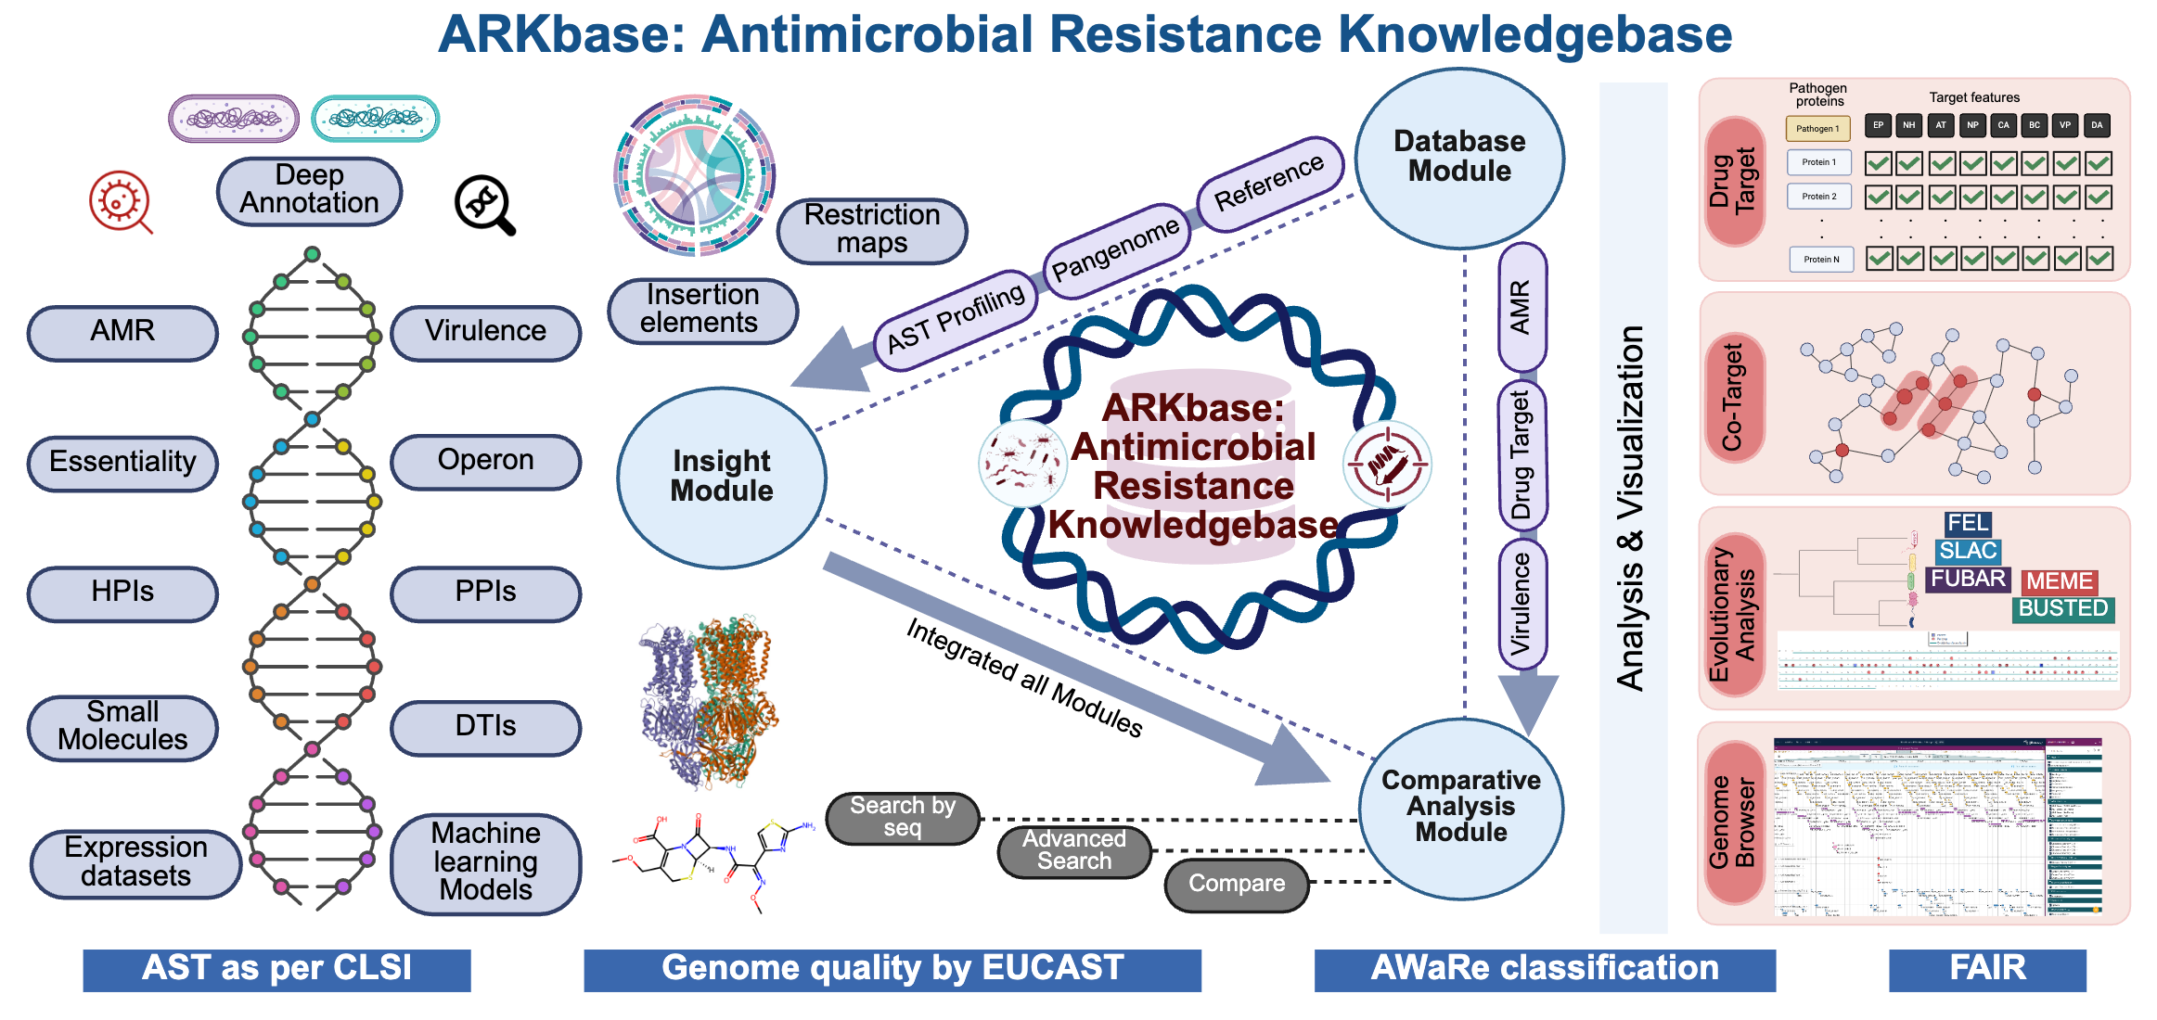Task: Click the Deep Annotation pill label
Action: coord(309,190)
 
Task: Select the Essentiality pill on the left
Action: coord(122,462)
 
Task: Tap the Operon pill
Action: coord(485,461)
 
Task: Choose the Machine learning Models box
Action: coord(485,862)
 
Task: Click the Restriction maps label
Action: coord(871,229)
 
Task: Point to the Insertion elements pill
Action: coord(701,309)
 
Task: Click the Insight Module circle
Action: coord(721,477)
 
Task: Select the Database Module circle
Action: coord(1459,158)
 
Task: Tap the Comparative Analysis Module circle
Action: coord(1461,807)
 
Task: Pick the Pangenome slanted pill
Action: coord(1116,249)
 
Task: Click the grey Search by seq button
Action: coord(902,817)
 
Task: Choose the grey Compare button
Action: coord(1237,884)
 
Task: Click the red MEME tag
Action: coord(2059,581)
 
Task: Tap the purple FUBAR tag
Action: coord(1969,580)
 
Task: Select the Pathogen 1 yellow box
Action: coord(1817,128)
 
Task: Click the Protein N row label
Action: coord(1821,260)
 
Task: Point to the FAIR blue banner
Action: coord(1987,969)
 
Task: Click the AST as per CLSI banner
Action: coord(276,969)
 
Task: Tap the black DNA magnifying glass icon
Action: coord(484,205)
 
